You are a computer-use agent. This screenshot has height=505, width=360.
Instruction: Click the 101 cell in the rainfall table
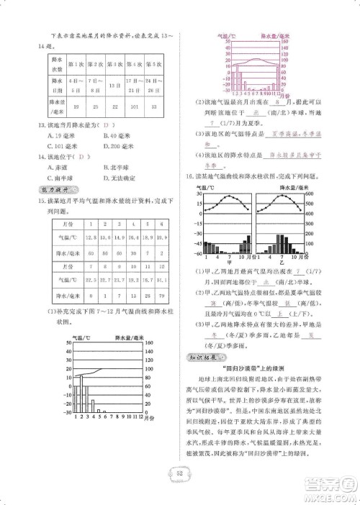[132, 109]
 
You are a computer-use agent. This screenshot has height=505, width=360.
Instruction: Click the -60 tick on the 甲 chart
[194, 253]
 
